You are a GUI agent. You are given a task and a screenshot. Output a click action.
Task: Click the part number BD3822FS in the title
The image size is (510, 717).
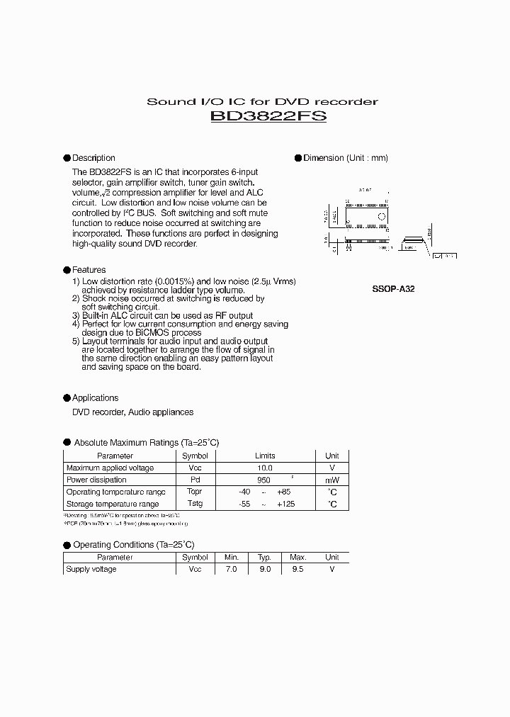pos(268,116)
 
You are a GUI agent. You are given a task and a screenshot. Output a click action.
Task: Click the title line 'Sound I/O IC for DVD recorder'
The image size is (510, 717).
pos(262,101)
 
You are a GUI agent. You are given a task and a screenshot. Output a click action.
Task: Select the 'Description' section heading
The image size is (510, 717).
pos(93,158)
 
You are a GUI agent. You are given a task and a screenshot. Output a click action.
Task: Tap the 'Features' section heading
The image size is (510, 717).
pos(89,270)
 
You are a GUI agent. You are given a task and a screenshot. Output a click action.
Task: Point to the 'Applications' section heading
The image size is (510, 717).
pos(95,398)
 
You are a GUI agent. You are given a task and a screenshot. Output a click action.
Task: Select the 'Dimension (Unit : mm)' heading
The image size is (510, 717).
pos(346,158)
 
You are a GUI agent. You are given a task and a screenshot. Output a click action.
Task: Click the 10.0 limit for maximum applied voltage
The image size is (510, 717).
pos(265,468)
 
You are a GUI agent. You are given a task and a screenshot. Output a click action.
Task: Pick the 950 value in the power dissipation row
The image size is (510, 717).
pos(263,480)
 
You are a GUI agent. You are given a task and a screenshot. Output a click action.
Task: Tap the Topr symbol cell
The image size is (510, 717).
pos(195,492)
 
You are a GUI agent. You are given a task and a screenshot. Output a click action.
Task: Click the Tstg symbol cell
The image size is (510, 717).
pos(195,504)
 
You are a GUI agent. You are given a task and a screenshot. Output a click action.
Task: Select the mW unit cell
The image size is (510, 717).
pos(331,480)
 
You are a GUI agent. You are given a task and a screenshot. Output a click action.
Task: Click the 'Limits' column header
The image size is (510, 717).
pos(265,456)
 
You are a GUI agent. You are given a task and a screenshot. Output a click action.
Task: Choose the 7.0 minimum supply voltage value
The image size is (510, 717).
pos(231,570)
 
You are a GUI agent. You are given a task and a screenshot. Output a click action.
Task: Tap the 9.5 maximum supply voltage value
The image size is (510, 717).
pos(298,570)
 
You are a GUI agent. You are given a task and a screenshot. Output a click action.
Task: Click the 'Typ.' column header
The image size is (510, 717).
pos(265,558)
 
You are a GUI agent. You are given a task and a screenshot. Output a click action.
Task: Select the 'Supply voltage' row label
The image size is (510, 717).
pos(91,570)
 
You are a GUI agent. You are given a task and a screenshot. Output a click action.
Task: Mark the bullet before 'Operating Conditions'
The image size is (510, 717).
pos(67,545)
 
